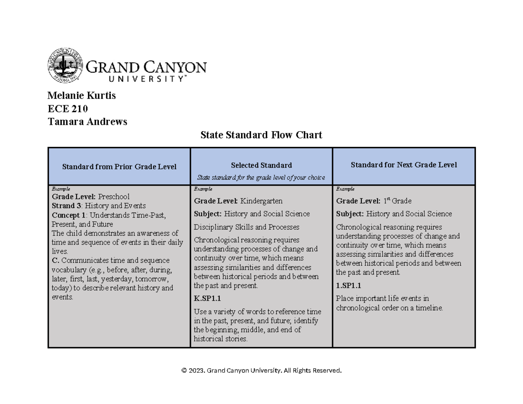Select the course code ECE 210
[68, 109]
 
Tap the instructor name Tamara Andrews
[87, 122]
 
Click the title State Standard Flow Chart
[261, 135]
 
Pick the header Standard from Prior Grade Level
[119, 166]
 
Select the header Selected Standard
[261, 165]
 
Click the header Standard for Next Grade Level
[404, 165]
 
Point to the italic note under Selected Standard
[261, 177]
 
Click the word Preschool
[114, 197]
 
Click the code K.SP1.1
[207, 299]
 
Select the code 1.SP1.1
[349, 285]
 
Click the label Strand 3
[67, 206]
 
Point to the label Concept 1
[69, 215]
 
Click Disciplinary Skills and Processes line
[247, 227]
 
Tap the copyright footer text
[261, 370]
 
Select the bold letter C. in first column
[55, 261]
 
